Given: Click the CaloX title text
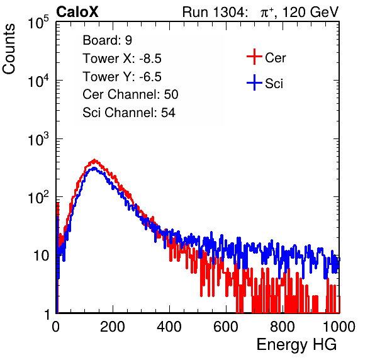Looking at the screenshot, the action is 77,12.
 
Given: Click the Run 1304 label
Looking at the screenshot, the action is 213,12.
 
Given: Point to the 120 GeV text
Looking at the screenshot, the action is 310,12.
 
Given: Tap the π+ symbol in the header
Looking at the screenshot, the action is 267,12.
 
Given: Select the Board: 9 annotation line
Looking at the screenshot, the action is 107,40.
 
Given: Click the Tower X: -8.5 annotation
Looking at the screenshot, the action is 122,59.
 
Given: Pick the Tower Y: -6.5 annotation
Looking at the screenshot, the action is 122,77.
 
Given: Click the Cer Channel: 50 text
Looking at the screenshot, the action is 130,94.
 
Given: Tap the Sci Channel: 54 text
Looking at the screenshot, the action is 129,113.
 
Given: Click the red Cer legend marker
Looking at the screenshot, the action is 254,57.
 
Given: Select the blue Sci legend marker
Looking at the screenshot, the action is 254,83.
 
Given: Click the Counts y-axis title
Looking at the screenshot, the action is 9,49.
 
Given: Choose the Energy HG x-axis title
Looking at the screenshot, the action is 296,345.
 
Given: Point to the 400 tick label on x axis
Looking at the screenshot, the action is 169,326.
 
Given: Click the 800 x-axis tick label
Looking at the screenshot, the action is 283,326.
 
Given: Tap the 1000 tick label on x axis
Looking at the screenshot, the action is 339,326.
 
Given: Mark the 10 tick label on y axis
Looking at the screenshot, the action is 42,256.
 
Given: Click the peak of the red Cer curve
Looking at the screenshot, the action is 94,160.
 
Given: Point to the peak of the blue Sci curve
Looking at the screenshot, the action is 94,168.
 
